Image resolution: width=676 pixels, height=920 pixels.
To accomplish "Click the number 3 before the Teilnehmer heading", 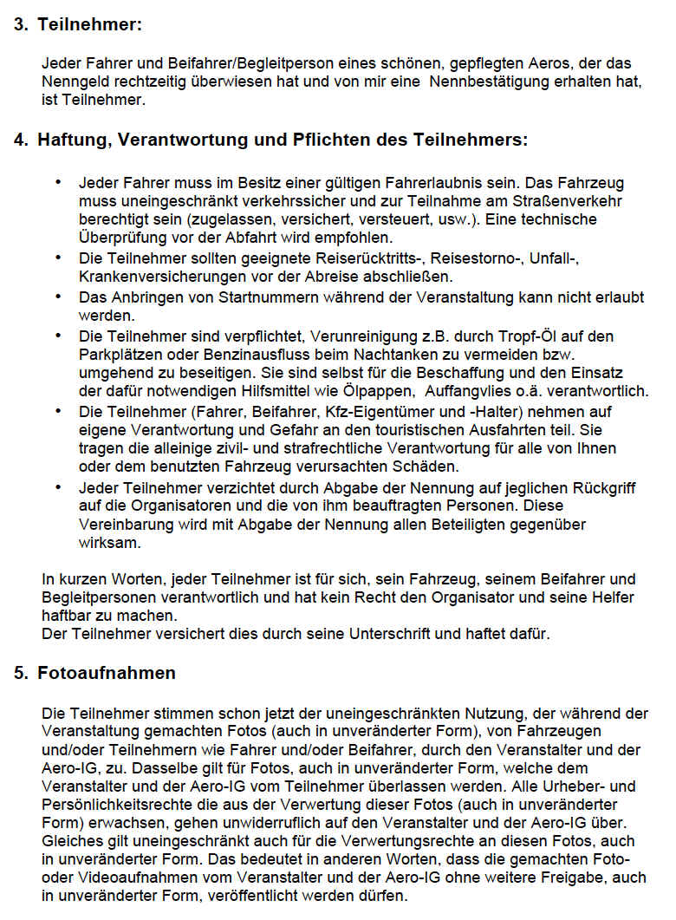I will [19, 24].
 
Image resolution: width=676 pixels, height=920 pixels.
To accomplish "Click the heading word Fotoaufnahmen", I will [106, 673].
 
